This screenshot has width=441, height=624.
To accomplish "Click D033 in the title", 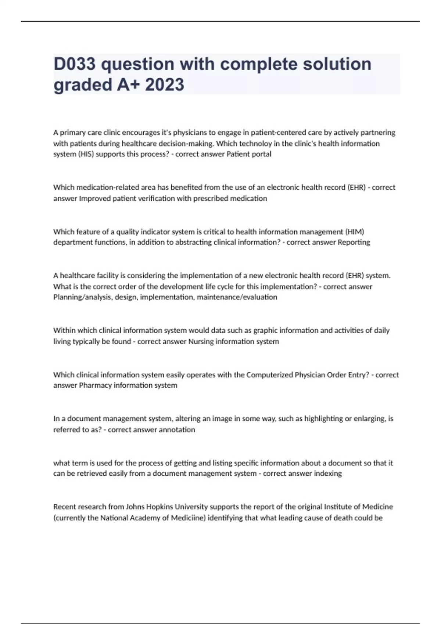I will pos(75,64).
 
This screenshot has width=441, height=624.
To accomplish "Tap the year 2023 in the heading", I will pos(165,84).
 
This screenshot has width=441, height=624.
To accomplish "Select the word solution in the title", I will pos(337,64).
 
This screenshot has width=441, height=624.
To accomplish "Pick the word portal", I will pos(261,154).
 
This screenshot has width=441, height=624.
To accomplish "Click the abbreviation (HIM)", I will pos(355,232).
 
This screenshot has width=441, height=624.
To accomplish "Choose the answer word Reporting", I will pos(354,242).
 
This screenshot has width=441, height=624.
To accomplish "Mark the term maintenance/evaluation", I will pos(237,297).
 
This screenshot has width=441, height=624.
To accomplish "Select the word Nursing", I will pos(201,341).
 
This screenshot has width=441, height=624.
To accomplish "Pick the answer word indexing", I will pos(328,474).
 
